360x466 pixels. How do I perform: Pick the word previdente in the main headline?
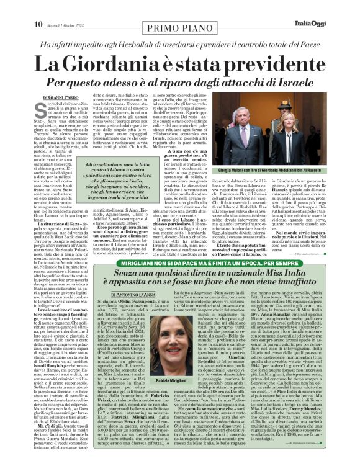[270, 64]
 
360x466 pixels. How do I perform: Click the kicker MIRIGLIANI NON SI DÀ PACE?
[179, 271]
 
